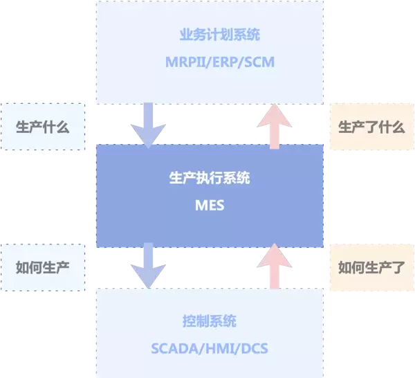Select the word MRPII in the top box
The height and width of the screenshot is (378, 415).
(181, 62)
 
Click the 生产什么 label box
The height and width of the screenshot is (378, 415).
(42, 127)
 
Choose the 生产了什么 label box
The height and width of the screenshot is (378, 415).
(371, 127)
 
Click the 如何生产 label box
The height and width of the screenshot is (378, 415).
(42, 267)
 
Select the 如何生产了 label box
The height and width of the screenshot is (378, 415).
(371, 267)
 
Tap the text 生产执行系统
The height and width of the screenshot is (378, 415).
(210, 179)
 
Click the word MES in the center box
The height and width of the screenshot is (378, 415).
(210, 206)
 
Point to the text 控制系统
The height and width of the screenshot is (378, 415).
(210, 321)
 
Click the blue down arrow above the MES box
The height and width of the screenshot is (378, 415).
(149, 125)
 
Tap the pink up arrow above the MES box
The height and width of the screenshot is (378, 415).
(274, 125)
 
